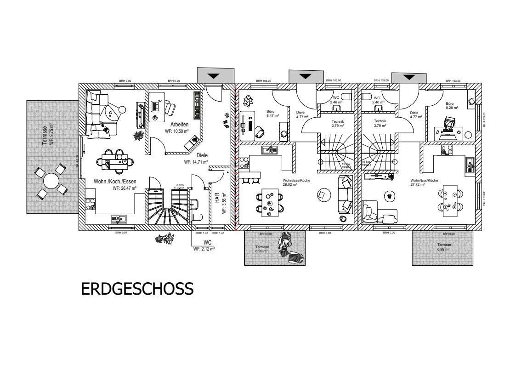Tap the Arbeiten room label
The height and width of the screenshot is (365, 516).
tap(179, 125)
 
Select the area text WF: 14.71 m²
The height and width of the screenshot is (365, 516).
tap(196, 162)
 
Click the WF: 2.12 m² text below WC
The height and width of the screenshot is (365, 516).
tap(204, 248)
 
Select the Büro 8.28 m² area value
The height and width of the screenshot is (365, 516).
tap(452, 108)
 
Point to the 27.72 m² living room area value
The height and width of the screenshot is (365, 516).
tap(418, 184)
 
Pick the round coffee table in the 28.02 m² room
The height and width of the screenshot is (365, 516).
tap(323, 195)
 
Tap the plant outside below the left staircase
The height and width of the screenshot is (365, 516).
tap(165, 238)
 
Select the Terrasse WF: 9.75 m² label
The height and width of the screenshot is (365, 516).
tap(47, 134)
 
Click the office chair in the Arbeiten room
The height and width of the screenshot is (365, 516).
tap(169, 108)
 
